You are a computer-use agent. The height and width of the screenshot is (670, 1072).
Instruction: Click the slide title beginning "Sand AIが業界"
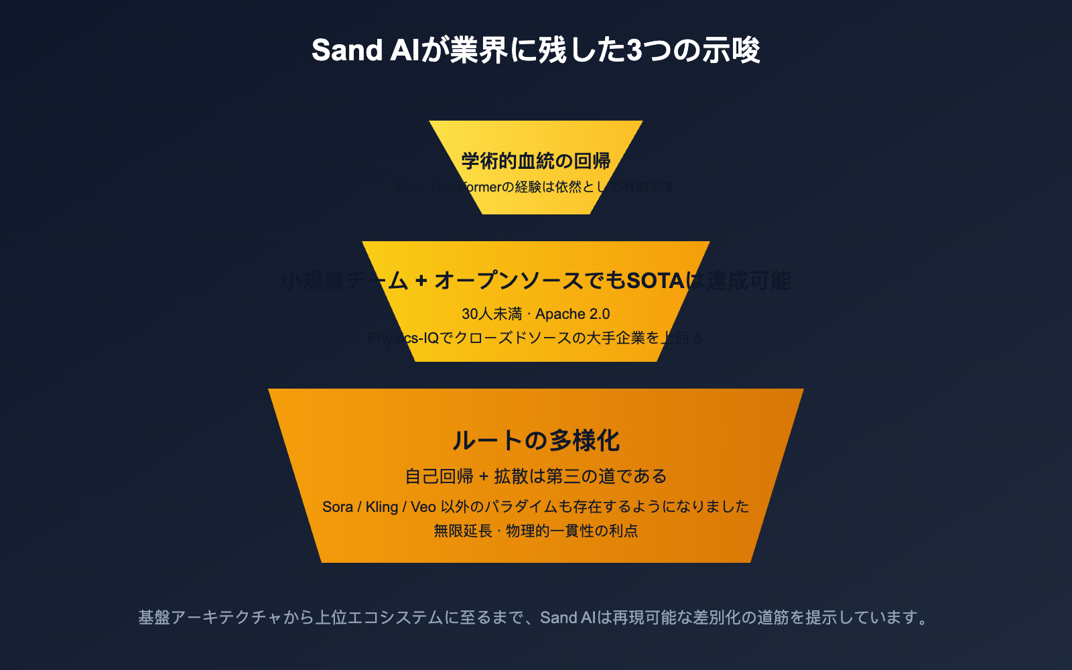[x=536, y=51]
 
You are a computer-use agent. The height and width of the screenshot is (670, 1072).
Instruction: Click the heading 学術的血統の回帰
[x=536, y=161]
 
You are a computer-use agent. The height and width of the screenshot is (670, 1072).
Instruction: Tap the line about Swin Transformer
[x=536, y=187]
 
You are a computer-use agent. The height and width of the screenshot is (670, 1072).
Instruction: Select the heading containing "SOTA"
[x=536, y=280]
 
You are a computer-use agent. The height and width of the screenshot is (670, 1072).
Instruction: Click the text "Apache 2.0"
[x=573, y=314]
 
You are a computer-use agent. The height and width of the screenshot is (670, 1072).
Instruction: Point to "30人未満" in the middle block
[x=492, y=314]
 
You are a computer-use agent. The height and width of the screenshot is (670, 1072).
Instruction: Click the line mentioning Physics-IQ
[x=536, y=338]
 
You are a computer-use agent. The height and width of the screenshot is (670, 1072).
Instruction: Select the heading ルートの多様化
[x=536, y=441]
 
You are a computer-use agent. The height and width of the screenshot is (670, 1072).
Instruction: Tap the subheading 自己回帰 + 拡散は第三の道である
[x=536, y=476]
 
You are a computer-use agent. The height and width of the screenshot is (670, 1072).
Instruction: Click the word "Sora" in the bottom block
[x=338, y=507]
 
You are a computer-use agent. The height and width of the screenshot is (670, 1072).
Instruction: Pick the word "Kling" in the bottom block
[x=382, y=507]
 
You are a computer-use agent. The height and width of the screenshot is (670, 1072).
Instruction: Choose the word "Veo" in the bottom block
[x=423, y=507]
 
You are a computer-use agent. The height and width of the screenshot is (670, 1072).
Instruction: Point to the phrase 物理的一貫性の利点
[x=572, y=531]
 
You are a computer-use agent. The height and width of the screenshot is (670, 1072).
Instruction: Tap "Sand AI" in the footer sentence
[x=568, y=617]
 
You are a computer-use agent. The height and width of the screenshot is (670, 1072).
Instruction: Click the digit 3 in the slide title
[x=634, y=51]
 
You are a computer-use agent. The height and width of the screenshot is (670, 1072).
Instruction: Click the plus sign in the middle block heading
[x=421, y=280]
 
